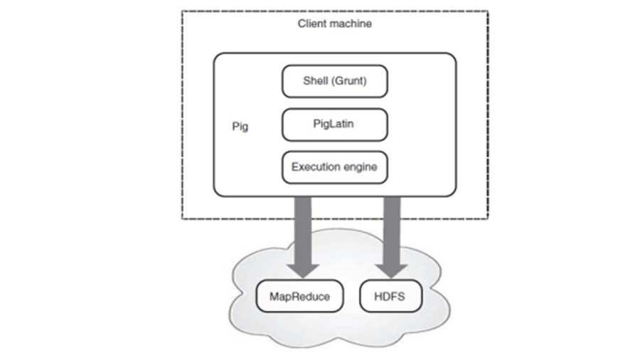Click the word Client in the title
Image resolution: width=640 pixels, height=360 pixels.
pyautogui.click(x=309, y=24)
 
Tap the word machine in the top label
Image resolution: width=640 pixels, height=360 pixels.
pyautogui.click(x=349, y=24)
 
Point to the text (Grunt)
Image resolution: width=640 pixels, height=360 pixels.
pyautogui.click(x=351, y=81)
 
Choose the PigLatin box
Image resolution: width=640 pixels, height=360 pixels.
pyautogui.click(x=334, y=125)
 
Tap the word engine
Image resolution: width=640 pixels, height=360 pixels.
pyautogui.click(x=361, y=167)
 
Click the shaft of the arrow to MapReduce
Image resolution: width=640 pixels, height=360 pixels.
pyautogui.click(x=303, y=228)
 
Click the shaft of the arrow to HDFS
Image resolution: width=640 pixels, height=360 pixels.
pyautogui.click(x=392, y=228)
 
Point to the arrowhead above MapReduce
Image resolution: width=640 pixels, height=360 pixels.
pyautogui.click(x=303, y=269)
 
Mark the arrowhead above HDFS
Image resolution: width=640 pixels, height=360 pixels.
pyautogui.click(x=392, y=269)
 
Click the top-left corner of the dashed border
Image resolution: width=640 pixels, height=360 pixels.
pyautogui.click(x=182, y=11)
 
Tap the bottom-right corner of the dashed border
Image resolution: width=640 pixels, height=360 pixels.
pyautogui.click(x=488, y=218)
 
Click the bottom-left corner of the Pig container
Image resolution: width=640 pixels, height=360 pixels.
pyautogui.click(x=215, y=194)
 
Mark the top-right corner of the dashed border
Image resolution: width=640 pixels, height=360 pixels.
pyautogui.click(x=488, y=11)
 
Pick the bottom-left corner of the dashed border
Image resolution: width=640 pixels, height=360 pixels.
pyautogui.click(x=182, y=218)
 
